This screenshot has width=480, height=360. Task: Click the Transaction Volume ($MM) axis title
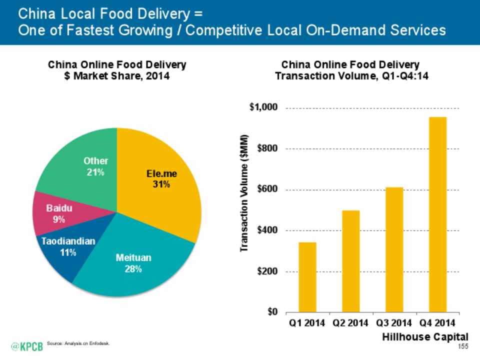pyautogui.click(x=244, y=193)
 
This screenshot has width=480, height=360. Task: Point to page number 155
pyautogui.click(x=463, y=346)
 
